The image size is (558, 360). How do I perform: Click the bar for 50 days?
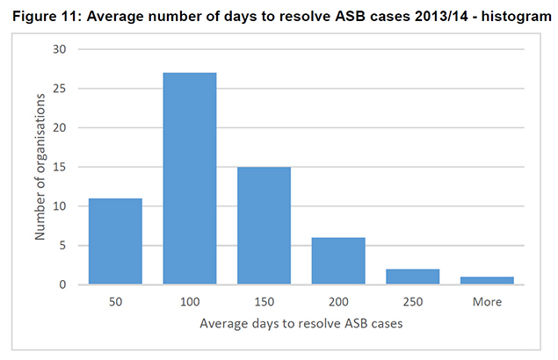[x=115, y=241]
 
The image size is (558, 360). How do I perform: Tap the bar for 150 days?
[x=264, y=226]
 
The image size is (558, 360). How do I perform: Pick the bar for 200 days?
[x=338, y=261]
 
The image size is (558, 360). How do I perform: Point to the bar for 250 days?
[x=412, y=277]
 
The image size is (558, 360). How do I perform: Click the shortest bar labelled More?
[x=487, y=281]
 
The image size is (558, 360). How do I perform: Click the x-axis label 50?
[x=115, y=301]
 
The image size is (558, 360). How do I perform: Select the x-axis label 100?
[x=190, y=301]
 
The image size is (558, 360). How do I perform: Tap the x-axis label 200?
[x=338, y=301]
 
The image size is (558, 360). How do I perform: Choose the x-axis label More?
[x=487, y=301]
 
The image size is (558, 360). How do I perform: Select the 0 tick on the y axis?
[x=63, y=284]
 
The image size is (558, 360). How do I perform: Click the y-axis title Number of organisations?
[x=40, y=167]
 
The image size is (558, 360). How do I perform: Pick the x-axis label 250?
[x=412, y=301]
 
